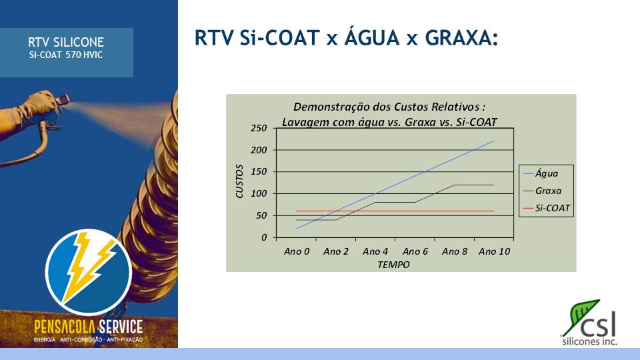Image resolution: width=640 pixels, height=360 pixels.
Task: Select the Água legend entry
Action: (x=541, y=173)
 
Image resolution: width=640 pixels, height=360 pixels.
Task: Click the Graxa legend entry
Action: (x=543, y=191)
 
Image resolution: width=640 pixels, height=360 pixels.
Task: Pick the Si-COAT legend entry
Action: (x=547, y=208)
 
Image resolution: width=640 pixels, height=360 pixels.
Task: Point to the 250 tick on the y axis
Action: (x=259, y=128)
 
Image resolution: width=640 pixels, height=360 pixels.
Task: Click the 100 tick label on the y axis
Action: (x=259, y=193)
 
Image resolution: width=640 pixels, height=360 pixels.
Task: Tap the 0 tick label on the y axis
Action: (x=264, y=237)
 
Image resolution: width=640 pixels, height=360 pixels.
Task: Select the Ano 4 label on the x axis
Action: (x=375, y=251)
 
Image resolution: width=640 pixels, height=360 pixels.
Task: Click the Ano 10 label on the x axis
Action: (x=494, y=251)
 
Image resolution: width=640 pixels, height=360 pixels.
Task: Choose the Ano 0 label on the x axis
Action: (x=297, y=251)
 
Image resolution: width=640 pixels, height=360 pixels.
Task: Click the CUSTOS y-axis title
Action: (x=239, y=181)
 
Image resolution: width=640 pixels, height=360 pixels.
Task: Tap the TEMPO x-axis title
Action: (x=393, y=265)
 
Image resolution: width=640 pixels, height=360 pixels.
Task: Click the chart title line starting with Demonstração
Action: (x=389, y=107)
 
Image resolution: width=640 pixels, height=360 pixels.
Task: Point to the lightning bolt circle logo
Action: (x=89, y=272)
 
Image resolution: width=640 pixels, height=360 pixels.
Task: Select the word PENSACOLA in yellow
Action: (x=65, y=327)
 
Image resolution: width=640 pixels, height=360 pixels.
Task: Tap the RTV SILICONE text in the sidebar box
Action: (x=66, y=42)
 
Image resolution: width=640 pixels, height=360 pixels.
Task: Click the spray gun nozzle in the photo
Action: (x=64, y=99)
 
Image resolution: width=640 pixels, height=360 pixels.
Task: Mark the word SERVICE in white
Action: (x=121, y=327)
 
